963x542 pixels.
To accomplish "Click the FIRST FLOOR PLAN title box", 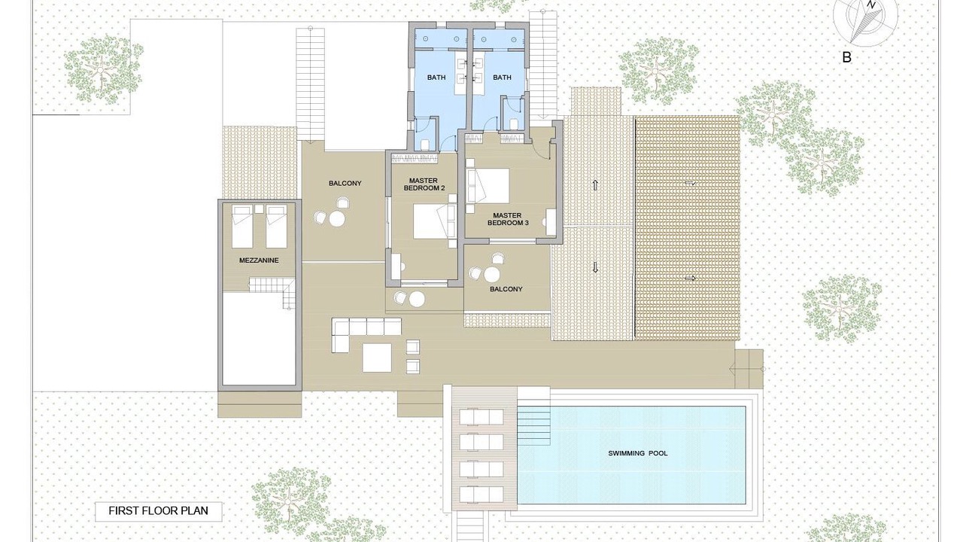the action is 159,511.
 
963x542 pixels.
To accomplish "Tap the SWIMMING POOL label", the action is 638,453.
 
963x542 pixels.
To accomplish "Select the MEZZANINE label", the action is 259,260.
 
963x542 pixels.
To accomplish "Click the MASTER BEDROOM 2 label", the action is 424,184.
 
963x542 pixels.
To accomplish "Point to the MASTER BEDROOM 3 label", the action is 508,219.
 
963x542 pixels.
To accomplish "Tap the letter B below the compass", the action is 846,57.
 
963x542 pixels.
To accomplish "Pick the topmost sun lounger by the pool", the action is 481,416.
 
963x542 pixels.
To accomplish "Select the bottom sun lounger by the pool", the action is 481,495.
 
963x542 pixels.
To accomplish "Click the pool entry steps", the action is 533,426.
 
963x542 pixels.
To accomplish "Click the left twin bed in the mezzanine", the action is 242,227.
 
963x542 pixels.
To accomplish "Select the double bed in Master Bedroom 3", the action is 488,185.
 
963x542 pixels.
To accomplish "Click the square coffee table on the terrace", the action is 377,358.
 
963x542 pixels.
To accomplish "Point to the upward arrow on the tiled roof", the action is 595,185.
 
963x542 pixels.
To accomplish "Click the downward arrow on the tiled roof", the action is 595,267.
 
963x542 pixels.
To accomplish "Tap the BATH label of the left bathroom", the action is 436,78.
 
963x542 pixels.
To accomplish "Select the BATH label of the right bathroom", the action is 502,78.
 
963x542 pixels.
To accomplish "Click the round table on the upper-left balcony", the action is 337,219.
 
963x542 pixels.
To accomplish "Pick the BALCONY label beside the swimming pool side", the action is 506,289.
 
